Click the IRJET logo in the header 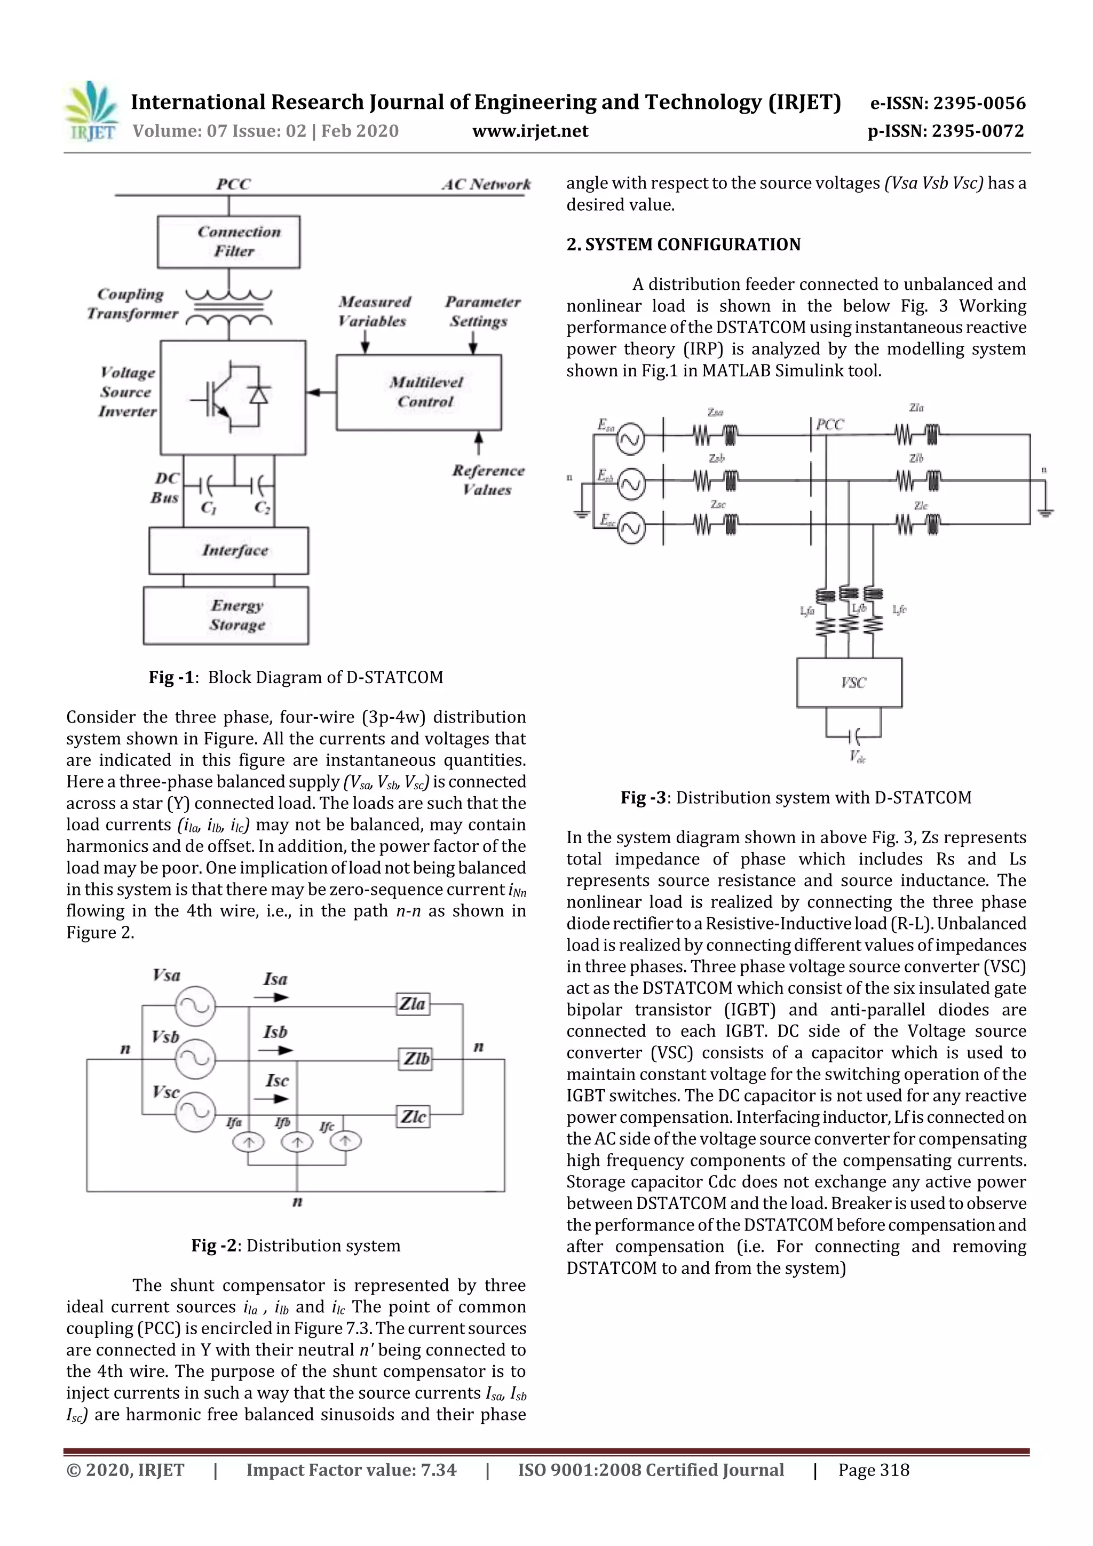point(91,111)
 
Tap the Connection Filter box point(228,242)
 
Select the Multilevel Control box point(419,392)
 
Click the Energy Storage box point(226,615)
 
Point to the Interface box point(228,551)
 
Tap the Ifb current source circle point(297,1141)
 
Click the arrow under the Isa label point(275,997)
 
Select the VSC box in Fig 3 point(849,682)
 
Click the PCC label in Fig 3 point(830,425)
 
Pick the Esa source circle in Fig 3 point(631,440)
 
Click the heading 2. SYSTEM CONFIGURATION point(683,244)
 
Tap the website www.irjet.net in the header point(530,131)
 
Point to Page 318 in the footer point(874,1470)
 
